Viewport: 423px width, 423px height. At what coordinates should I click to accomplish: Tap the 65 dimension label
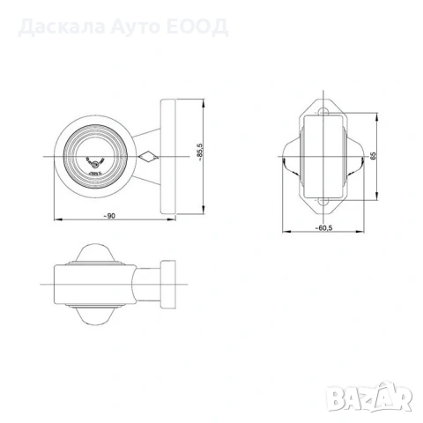click(375, 156)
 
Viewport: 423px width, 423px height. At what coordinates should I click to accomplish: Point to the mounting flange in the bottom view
click(170, 285)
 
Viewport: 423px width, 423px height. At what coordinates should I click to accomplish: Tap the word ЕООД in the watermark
click(204, 26)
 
